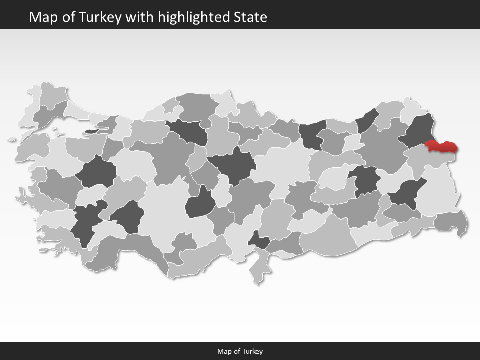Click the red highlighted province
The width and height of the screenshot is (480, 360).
coord(441,147)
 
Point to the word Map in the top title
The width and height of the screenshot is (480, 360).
coord(41,17)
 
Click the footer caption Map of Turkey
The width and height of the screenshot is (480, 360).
coord(240,351)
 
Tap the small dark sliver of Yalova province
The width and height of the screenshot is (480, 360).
coord(93,131)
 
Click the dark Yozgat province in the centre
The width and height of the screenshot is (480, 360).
coord(232,165)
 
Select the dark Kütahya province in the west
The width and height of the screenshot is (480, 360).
coord(96,173)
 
